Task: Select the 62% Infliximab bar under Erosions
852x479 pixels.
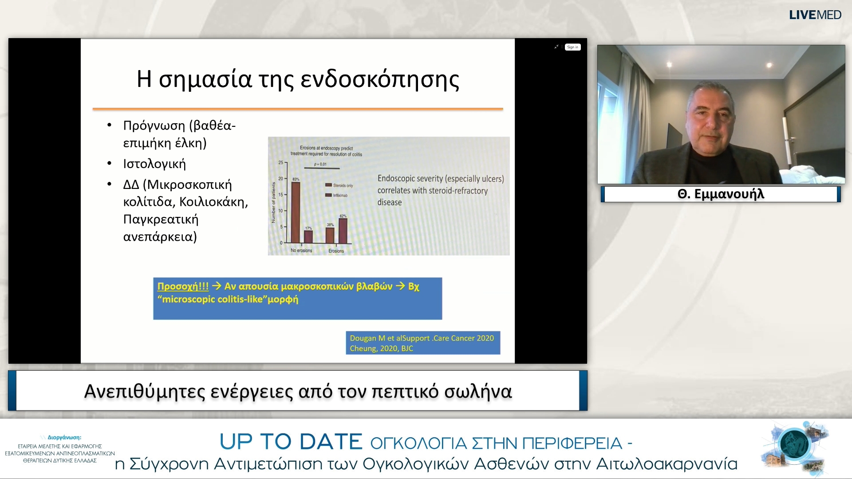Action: coord(343,230)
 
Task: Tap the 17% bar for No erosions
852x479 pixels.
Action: coord(308,236)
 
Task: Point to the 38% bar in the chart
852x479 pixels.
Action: coord(330,235)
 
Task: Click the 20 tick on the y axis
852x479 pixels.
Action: coord(280,179)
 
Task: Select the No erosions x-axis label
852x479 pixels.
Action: coord(301,251)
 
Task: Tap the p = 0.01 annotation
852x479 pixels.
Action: coord(320,164)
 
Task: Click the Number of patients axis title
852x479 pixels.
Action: coord(273,202)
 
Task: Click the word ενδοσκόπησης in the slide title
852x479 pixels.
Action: coord(380,80)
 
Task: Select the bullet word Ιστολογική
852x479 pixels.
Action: coord(154,164)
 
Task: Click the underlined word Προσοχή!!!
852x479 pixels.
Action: coord(183,287)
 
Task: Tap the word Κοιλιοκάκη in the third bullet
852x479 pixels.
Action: coord(212,202)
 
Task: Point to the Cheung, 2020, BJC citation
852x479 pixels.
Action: coord(381,349)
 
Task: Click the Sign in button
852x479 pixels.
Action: coord(572,47)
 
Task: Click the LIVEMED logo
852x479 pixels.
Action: coord(815,15)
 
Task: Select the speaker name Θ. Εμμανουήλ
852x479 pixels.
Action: coord(721,194)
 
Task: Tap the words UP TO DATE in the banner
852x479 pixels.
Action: coord(291,442)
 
